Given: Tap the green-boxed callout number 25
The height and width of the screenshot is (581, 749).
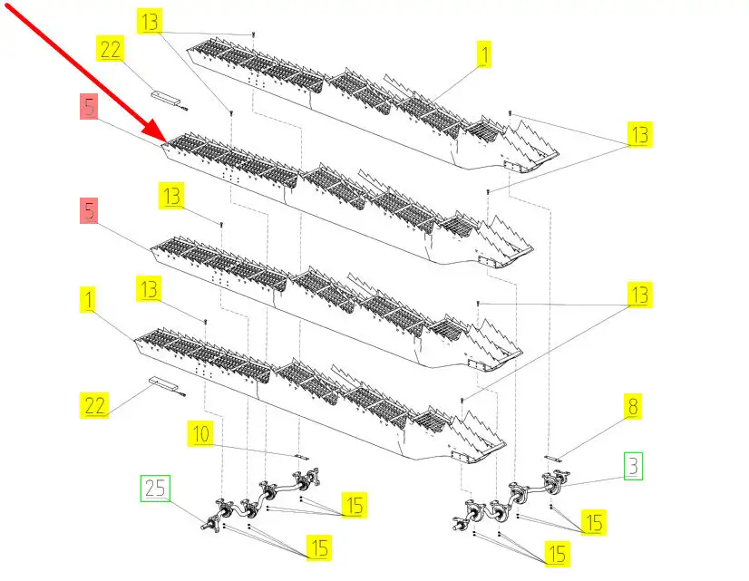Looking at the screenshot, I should (x=153, y=489).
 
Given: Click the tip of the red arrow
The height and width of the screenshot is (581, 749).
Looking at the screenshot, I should (x=162, y=142).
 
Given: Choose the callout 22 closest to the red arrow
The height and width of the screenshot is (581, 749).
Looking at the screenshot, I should (x=111, y=51).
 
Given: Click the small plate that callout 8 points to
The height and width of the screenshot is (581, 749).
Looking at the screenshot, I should (x=556, y=458).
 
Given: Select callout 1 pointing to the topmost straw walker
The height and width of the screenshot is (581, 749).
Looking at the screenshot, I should (x=485, y=55).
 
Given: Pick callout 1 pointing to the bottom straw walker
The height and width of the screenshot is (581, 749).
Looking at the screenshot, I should (x=88, y=300).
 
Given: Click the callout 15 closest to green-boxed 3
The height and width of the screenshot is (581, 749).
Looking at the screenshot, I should (x=593, y=522).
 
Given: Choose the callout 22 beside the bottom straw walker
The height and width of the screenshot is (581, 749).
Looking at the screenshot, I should (x=96, y=406).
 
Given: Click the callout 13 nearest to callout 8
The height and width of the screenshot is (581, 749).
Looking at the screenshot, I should (x=640, y=294).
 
